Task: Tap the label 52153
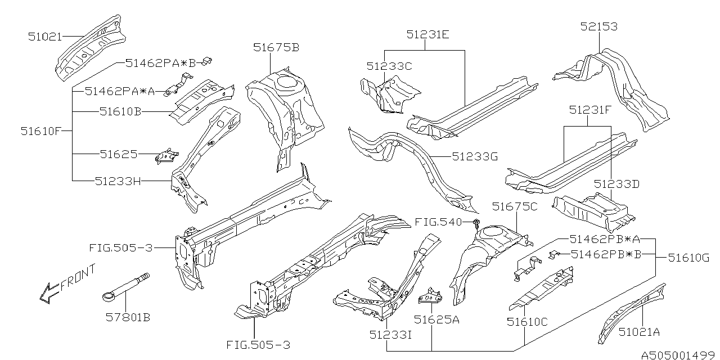pyautogui.click(x=598, y=26)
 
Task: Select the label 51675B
pyautogui.click(x=276, y=48)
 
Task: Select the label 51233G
pyautogui.click(x=475, y=157)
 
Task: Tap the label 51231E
pyautogui.click(x=427, y=34)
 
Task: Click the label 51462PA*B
pyautogui.click(x=160, y=63)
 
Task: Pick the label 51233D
pyautogui.click(x=617, y=184)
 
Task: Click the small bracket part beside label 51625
pyautogui.click(x=166, y=156)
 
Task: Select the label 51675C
pyautogui.click(x=515, y=207)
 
